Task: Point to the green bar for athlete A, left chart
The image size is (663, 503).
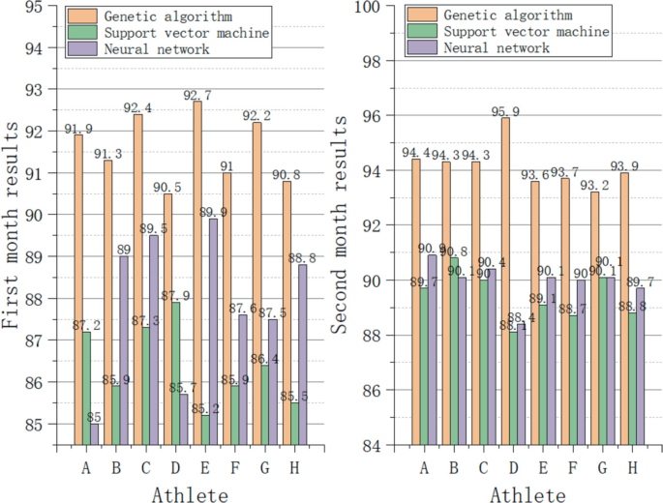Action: [86, 388]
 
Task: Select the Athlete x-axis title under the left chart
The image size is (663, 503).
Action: [190, 495]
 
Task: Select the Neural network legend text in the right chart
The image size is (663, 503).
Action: [491, 48]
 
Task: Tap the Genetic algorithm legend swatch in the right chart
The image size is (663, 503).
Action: [419, 15]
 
